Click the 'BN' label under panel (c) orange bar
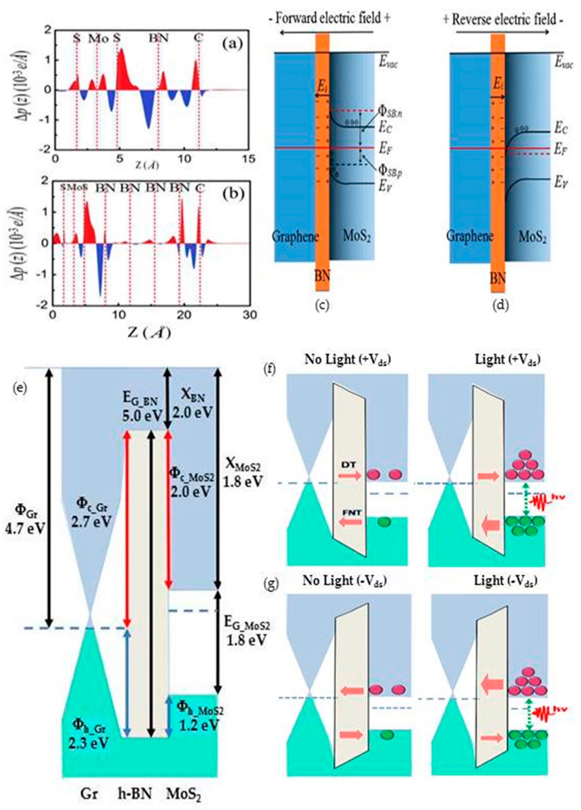point(322,277)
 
